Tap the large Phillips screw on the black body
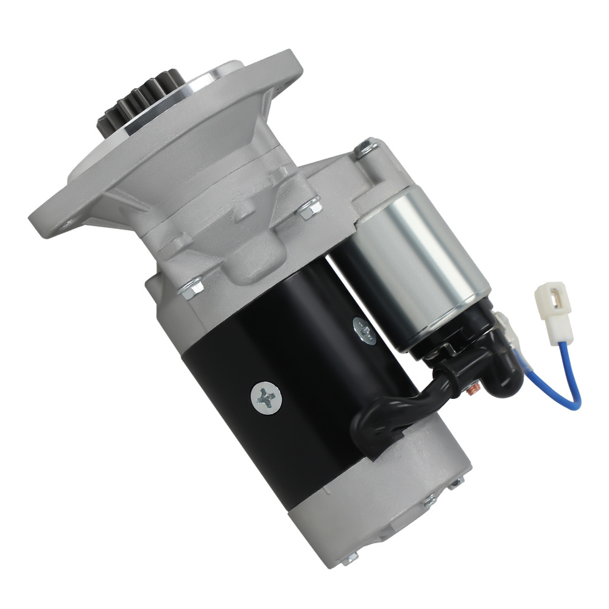267,398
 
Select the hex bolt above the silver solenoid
367,147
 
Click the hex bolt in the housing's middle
307,209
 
